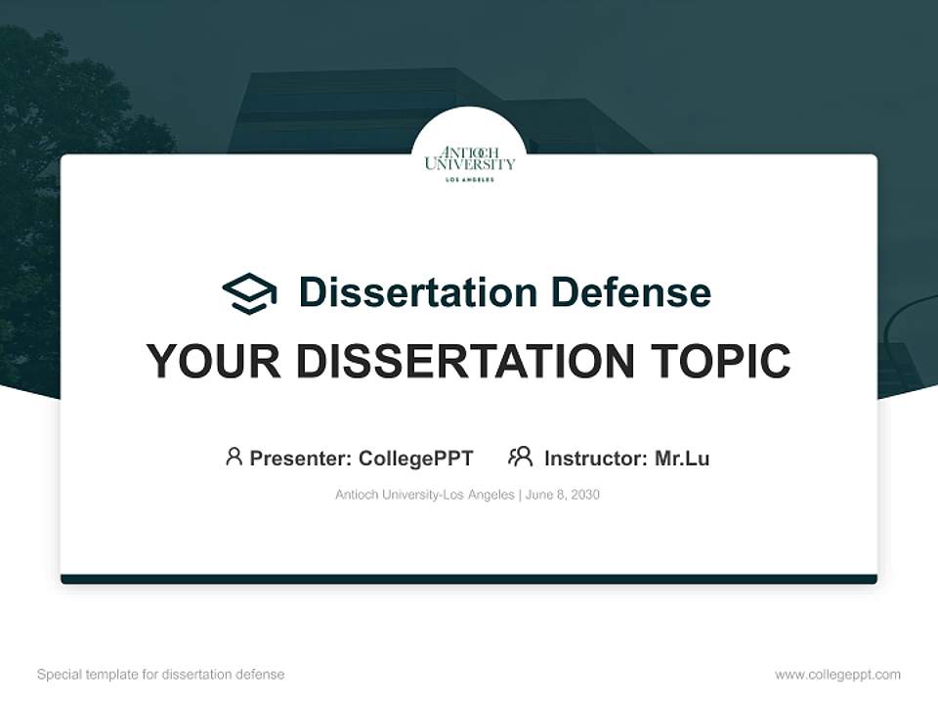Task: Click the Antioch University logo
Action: [469, 160]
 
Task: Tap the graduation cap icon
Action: [249, 293]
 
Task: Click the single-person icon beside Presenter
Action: [234, 457]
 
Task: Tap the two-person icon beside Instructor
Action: [520, 457]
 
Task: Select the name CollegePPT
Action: [415, 459]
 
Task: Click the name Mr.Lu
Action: [682, 459]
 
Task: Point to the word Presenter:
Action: [301, 459]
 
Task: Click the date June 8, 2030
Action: [563, 495]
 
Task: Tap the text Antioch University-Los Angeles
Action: [424, 495]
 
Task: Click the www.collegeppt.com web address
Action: [837, 675]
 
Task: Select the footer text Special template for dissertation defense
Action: [160, 675]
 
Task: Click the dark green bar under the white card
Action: [469, 579]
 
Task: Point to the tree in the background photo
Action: [59, 117]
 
